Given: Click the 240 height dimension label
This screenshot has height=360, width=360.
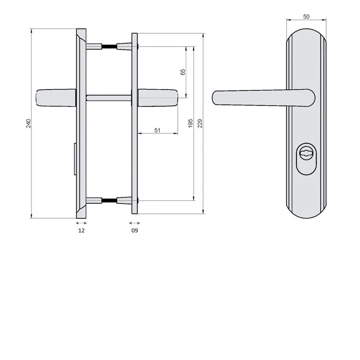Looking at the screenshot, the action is (x=28, y=123).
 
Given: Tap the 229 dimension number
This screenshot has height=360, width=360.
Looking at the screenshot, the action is (x=200, y=123).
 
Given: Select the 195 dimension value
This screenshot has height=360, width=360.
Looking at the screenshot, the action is (x=190, y=123).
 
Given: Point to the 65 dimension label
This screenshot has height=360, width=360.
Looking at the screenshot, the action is (x=183, y=72).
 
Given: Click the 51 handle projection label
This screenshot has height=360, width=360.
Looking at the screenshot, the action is (x=157, y=130).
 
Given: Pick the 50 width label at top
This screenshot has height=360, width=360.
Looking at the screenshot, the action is (x=306, y=17).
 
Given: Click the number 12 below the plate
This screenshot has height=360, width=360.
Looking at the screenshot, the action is (x=82, y=231).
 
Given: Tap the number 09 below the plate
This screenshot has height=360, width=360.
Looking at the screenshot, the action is (x=135, y=231).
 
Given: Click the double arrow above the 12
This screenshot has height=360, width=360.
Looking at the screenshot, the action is (x=81, y=223).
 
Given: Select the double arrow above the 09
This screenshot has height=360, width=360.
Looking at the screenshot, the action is (x=134, y=223).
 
